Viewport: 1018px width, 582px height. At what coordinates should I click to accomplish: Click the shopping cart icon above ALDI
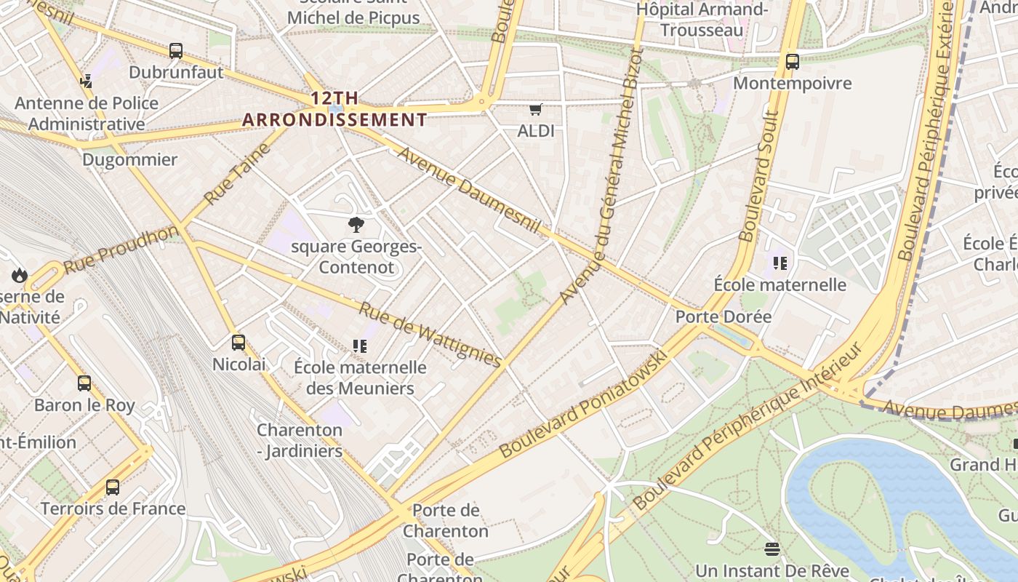click(536, 110)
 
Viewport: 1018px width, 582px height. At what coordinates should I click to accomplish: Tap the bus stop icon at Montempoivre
click(793, 62)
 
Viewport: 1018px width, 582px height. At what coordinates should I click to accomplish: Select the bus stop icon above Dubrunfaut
click(176, 51)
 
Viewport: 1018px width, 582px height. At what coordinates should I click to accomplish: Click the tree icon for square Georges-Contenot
click(356, 225)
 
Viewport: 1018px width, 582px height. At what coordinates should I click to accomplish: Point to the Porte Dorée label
click(723, 316)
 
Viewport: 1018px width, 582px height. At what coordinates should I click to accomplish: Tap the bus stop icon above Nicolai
click(239, 343)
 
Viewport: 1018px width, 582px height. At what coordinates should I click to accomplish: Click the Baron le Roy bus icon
click(84, 383)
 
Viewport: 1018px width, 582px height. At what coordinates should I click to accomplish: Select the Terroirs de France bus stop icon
click(113, 487)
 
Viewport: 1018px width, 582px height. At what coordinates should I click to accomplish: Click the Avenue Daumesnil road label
click(469, 191)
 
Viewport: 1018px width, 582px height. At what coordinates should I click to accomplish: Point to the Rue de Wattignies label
click(430, 335)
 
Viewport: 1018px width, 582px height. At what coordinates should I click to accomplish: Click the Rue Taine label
click(237, 174)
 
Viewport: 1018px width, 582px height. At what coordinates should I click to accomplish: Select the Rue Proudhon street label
click(121, 250)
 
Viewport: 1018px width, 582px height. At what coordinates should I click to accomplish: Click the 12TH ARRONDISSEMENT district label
click(334, 109)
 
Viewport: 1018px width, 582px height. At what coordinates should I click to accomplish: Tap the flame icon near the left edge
click(19, 275)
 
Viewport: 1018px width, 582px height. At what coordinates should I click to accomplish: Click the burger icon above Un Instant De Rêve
click(772, 549)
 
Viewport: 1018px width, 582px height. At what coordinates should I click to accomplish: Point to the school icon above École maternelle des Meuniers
click(359, 346)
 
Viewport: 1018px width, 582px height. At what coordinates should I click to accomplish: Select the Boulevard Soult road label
click(758, 176)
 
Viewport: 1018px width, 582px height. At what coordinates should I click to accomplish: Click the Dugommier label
click(129, 160)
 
